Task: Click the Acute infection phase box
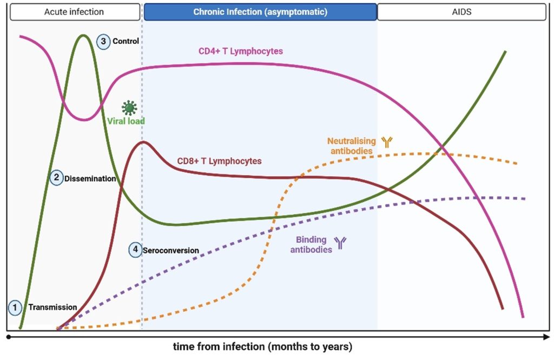(74, 11)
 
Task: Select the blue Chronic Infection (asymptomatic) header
(260, 11)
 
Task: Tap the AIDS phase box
(461, 11)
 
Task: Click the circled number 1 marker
(15, 308)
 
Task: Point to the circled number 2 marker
(56, 178)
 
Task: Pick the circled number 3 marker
(104, 41)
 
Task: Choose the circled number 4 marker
(135, 250)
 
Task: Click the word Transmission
(52, 308)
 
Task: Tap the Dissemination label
(90, 178)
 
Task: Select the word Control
(126, 41)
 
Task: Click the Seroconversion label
(170, 251)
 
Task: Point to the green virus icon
(129, 107)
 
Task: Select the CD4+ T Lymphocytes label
(241, 51)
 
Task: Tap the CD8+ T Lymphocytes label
(219, 161)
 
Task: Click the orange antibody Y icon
(386, 142)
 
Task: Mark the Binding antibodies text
(312, 245)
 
